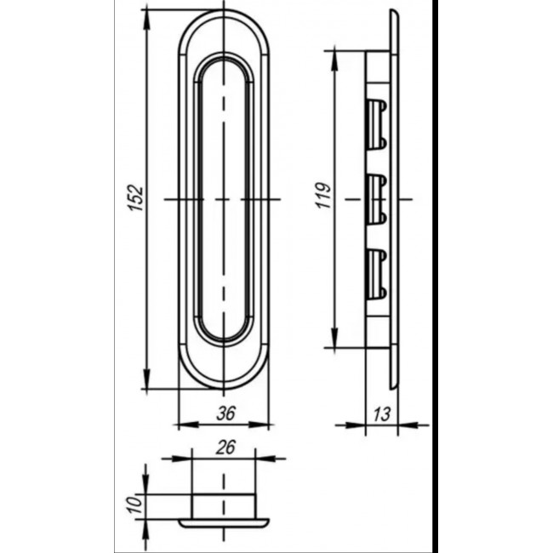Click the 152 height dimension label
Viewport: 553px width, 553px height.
pyautogui.click(x=136, y=198)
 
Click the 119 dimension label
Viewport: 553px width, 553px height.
pyautogui.click(x=324, y=195)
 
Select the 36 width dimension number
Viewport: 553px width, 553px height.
pyautogui.click(x=225, y=413)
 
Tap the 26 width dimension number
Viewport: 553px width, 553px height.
pyautogui.click(x=225, y=448)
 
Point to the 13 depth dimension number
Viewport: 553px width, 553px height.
pyautogui.click(x=382, y=414)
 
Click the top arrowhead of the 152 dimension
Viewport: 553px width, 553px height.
pyautogui.click(x=146, y=20)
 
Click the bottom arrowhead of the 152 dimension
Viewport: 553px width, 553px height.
pyautogui.click(x=146, y=379)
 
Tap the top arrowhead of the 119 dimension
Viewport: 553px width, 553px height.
pyautogui.click(x=334, y=61)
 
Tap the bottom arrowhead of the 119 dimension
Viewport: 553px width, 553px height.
pyautogui.click(x=334, y=337)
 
